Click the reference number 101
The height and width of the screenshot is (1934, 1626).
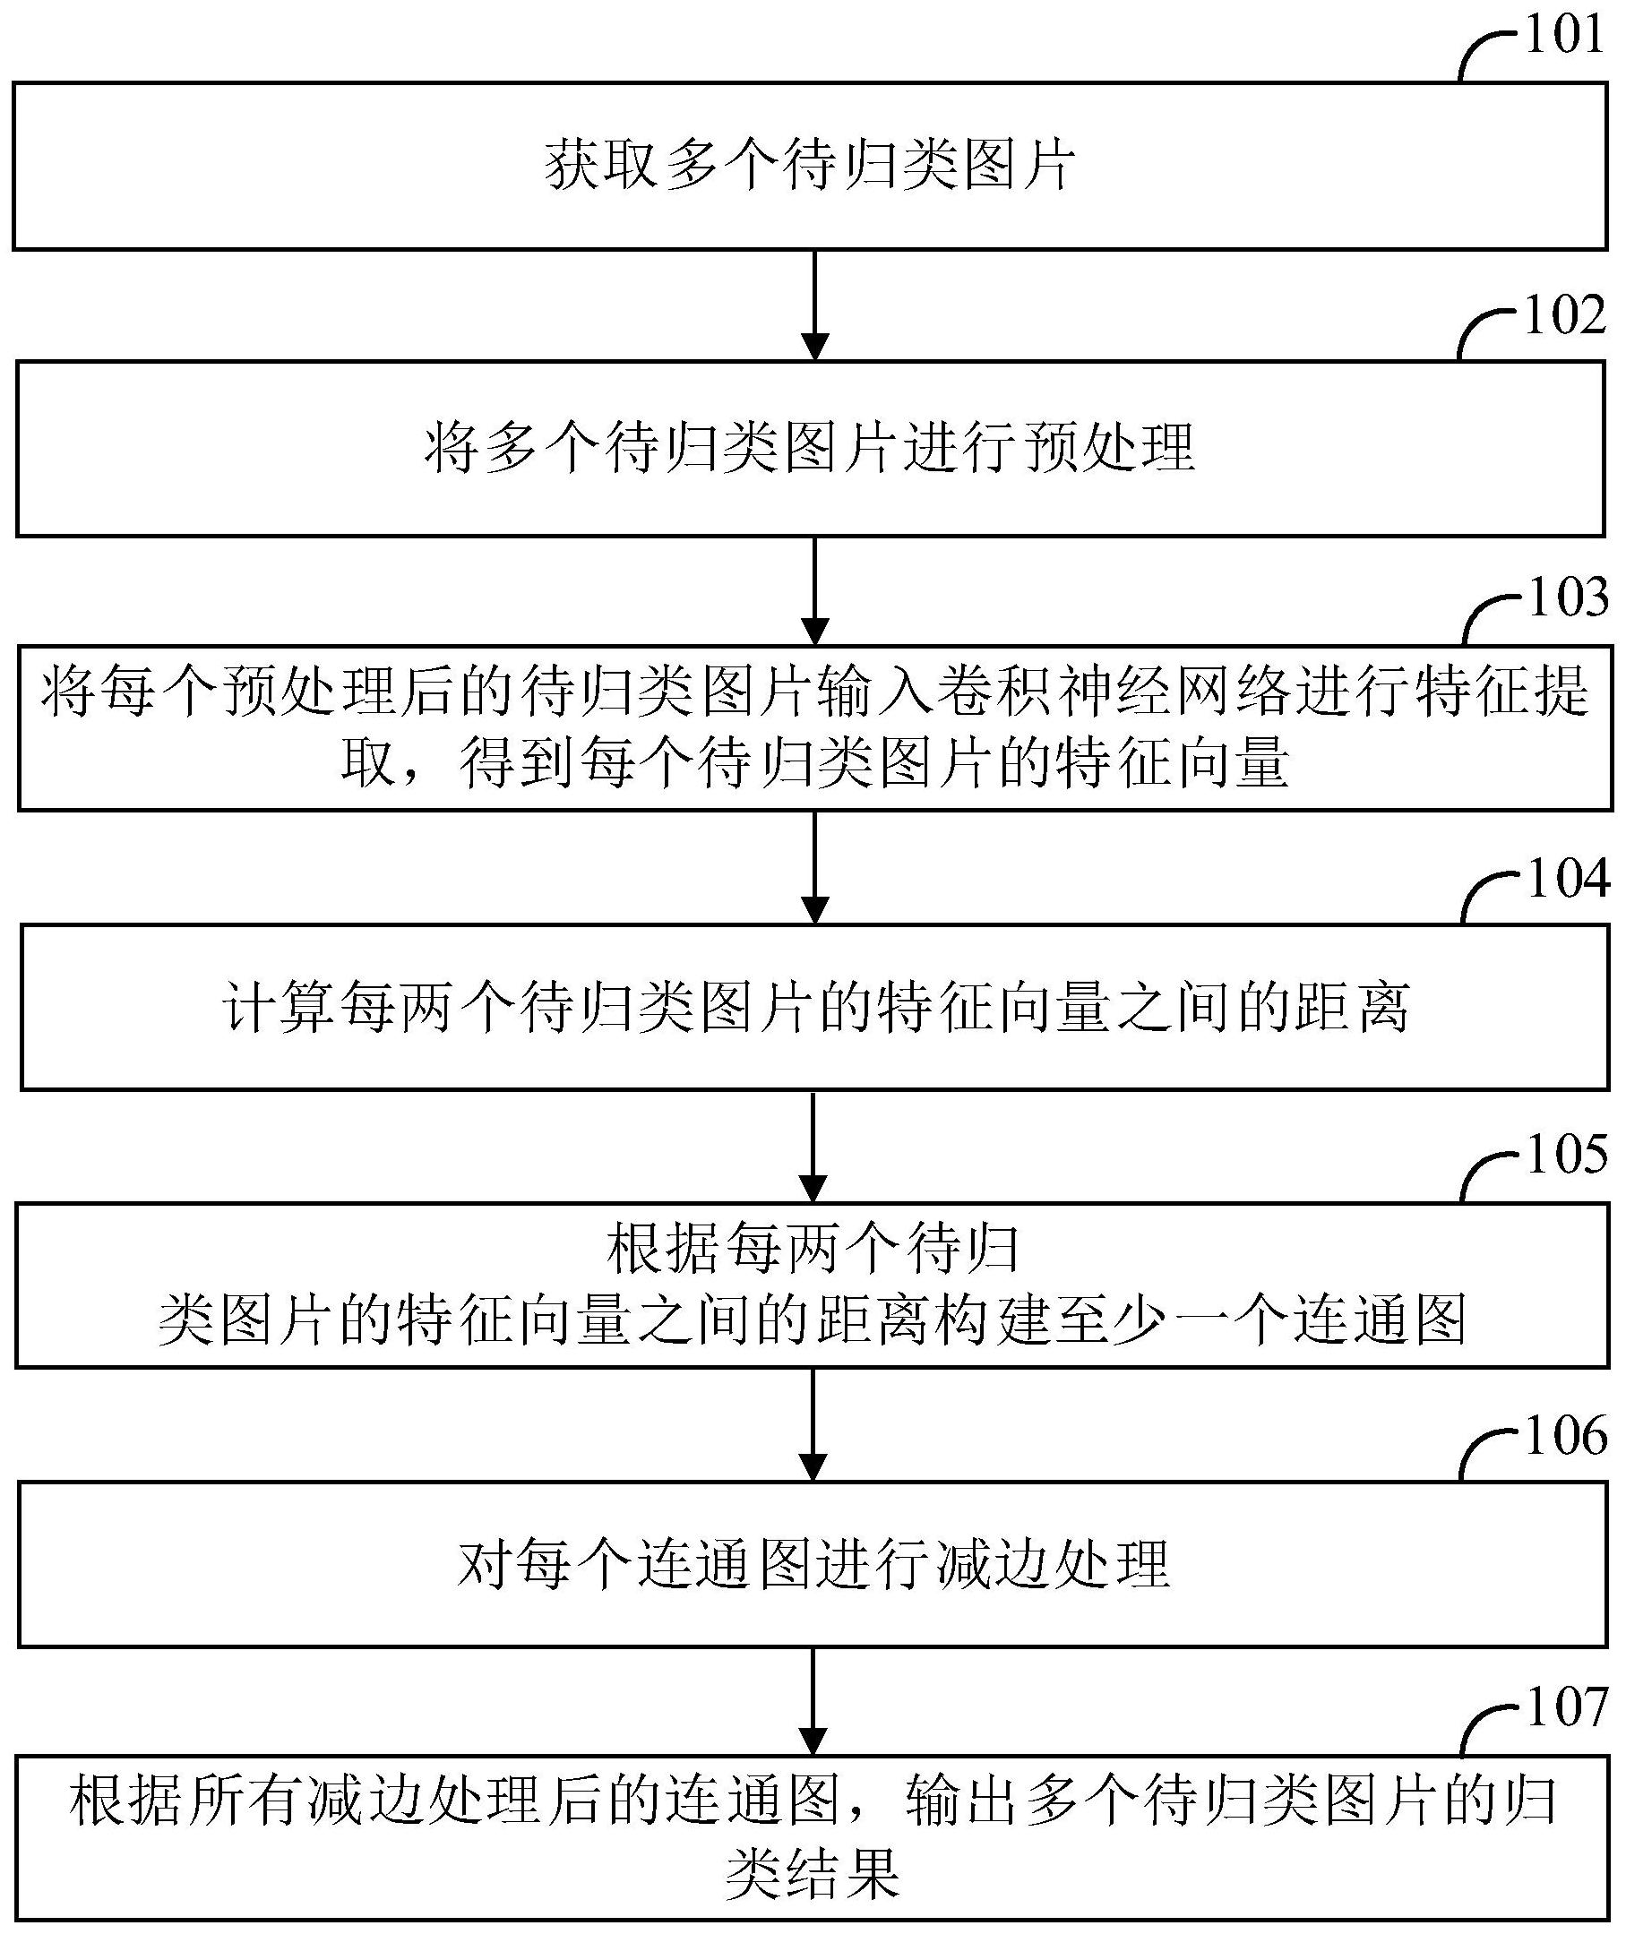tap(1564, 35)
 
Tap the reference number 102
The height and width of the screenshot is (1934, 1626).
tap(1565, 315)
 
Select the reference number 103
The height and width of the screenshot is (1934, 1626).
tap(1568, 597)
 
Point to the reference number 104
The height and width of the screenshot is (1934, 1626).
tap(1568, 878)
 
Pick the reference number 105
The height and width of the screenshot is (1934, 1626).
tap(1567, 1154)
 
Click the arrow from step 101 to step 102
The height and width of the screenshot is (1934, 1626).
tap(814, 305)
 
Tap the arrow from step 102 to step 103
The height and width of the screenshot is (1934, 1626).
tap(814, 591)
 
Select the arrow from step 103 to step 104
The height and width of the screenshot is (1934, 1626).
tap(814, 866)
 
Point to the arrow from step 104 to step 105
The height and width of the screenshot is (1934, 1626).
tap(814, 1147)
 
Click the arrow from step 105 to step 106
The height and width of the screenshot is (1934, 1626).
tap(814, 1424)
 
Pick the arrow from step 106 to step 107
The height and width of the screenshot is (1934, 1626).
tap(814, 1701)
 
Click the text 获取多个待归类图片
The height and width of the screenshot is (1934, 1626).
tap(810, 166)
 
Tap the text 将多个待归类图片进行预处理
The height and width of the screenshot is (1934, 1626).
tap(810, 448)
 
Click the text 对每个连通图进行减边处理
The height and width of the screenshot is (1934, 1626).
tap(814, 1563)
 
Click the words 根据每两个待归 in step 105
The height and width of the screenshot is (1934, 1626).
tap(813, 1249)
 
